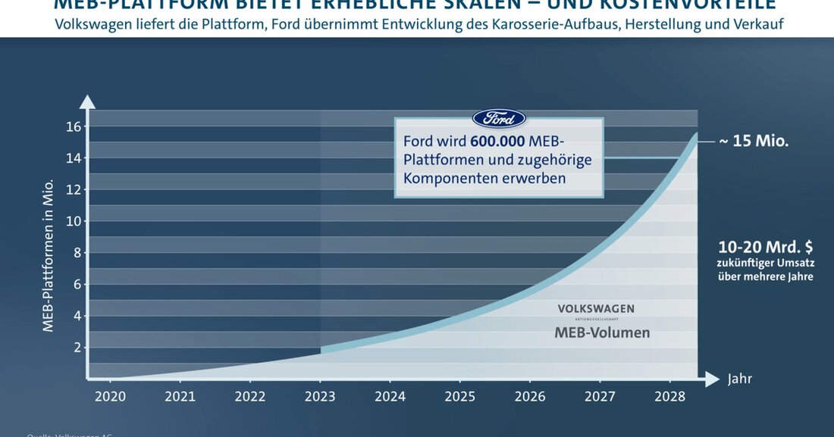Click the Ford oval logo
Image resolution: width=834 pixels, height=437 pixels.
coord(498,119)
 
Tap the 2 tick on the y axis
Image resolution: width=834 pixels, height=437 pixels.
coord(77,348)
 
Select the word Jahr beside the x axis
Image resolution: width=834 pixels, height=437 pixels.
coord(739,379)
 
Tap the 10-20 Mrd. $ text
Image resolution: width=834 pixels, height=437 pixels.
coord(765,247)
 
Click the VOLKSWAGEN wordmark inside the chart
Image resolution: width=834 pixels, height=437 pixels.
coord(596,309)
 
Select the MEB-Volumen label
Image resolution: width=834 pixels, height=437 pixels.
coord(602,333)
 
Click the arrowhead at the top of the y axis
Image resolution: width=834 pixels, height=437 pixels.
coord(89,101)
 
